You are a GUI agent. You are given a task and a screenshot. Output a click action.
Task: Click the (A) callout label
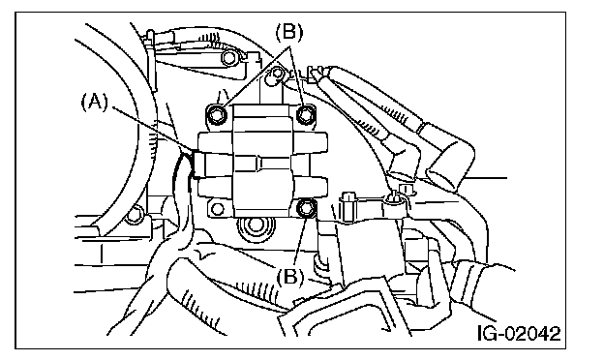(x=95, y=103)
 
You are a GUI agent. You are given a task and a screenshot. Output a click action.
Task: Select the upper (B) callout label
(x=288, y=32)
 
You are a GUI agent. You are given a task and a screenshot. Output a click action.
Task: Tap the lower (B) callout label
(x=289, y=276)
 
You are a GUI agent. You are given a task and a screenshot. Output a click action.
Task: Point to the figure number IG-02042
(x=519, y=333)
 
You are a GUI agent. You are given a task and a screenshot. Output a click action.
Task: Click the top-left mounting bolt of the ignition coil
(x=217, y=114)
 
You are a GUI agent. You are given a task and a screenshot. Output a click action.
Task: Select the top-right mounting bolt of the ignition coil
(x=306, y=114)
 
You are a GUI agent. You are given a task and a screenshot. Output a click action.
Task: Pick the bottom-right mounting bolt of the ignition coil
(x=306, y=208)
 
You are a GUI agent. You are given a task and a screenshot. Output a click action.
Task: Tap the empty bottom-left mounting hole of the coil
(x=218, y=209)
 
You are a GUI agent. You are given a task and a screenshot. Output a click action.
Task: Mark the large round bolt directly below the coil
(x=253, y=225)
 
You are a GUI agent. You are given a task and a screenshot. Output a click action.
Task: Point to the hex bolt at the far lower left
(x=135, y=215)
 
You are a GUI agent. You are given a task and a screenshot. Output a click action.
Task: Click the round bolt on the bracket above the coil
(x=229, y=58)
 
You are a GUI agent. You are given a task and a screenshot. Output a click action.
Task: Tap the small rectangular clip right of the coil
(x=347, y=207)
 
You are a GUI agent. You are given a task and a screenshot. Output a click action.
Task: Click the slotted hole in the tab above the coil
(x=276, y=75)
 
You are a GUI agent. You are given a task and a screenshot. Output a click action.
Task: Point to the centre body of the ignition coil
(x=262, y=161)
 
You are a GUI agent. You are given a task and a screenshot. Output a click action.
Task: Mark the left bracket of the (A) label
(x=84, y=104)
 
